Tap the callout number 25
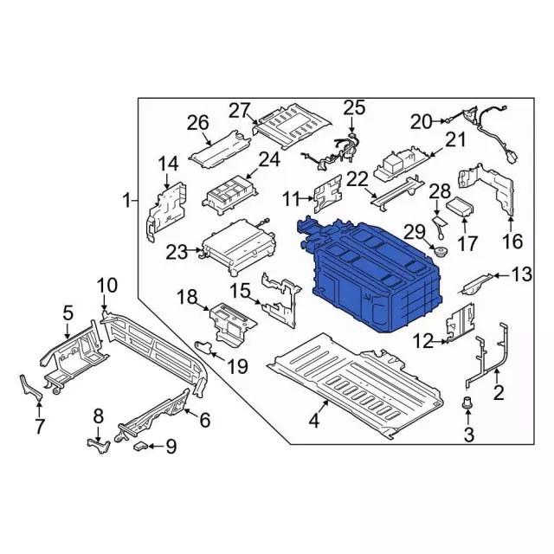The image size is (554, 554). [354, 107]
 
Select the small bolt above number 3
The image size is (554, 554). [467, 403]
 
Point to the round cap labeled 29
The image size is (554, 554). [441, 253]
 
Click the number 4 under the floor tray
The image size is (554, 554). [314, 421]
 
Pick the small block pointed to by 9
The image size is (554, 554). [140, 447]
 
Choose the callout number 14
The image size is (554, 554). [168, 164]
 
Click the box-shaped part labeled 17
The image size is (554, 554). [461, 207]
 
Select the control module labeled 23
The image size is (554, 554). [237, 248]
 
